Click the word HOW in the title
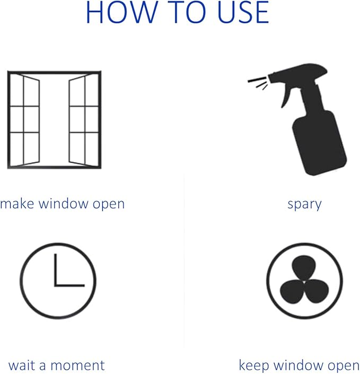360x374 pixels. (122, 12)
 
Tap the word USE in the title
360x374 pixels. (244, 12)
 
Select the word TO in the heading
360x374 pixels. (188, 12)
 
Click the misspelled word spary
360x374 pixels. (305, 204)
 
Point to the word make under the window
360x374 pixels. (17, 203)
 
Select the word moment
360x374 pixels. (78, 366)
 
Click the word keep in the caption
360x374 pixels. (254, 365)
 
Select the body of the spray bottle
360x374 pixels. (319, 143)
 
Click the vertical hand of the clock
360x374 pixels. (56, 270)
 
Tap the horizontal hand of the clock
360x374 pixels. (69, 285)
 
